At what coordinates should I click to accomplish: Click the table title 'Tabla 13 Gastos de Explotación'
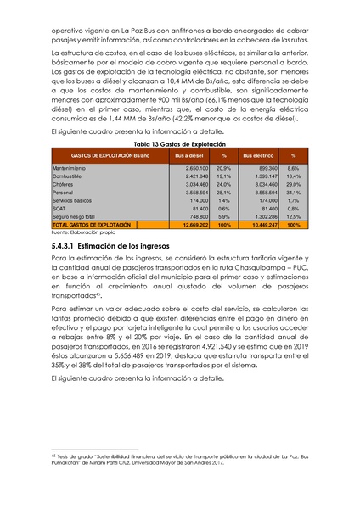tap(179, 145)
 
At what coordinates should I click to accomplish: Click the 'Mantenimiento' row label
tap(71, 168)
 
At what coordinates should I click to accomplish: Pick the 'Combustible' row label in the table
tap(69, 176)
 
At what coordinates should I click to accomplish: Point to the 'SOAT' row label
tap(60, 207)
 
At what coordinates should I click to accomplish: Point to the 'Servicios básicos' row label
tap(75, 199)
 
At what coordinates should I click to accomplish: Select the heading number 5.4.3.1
tap(66, 244)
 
